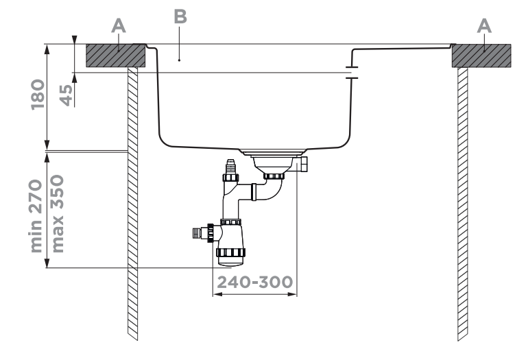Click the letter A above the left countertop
pyautogui.click(x=119, y=25)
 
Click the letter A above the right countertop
pyautogui.click(x=484, y=25)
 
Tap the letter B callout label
pyautogui.click(x=180, y=18)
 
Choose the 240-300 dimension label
pyautogui.click(x=254, y=282)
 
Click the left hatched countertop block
pyautogui.click(x=115, y=56)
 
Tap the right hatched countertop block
pyautogui.click(x=480, y=56)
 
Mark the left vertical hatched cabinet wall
pyautogui.click(x=133, y=206)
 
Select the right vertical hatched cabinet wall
pyautogui.click(x=462, y=206)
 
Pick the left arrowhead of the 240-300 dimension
pyautogui.click(x=217, y=295)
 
